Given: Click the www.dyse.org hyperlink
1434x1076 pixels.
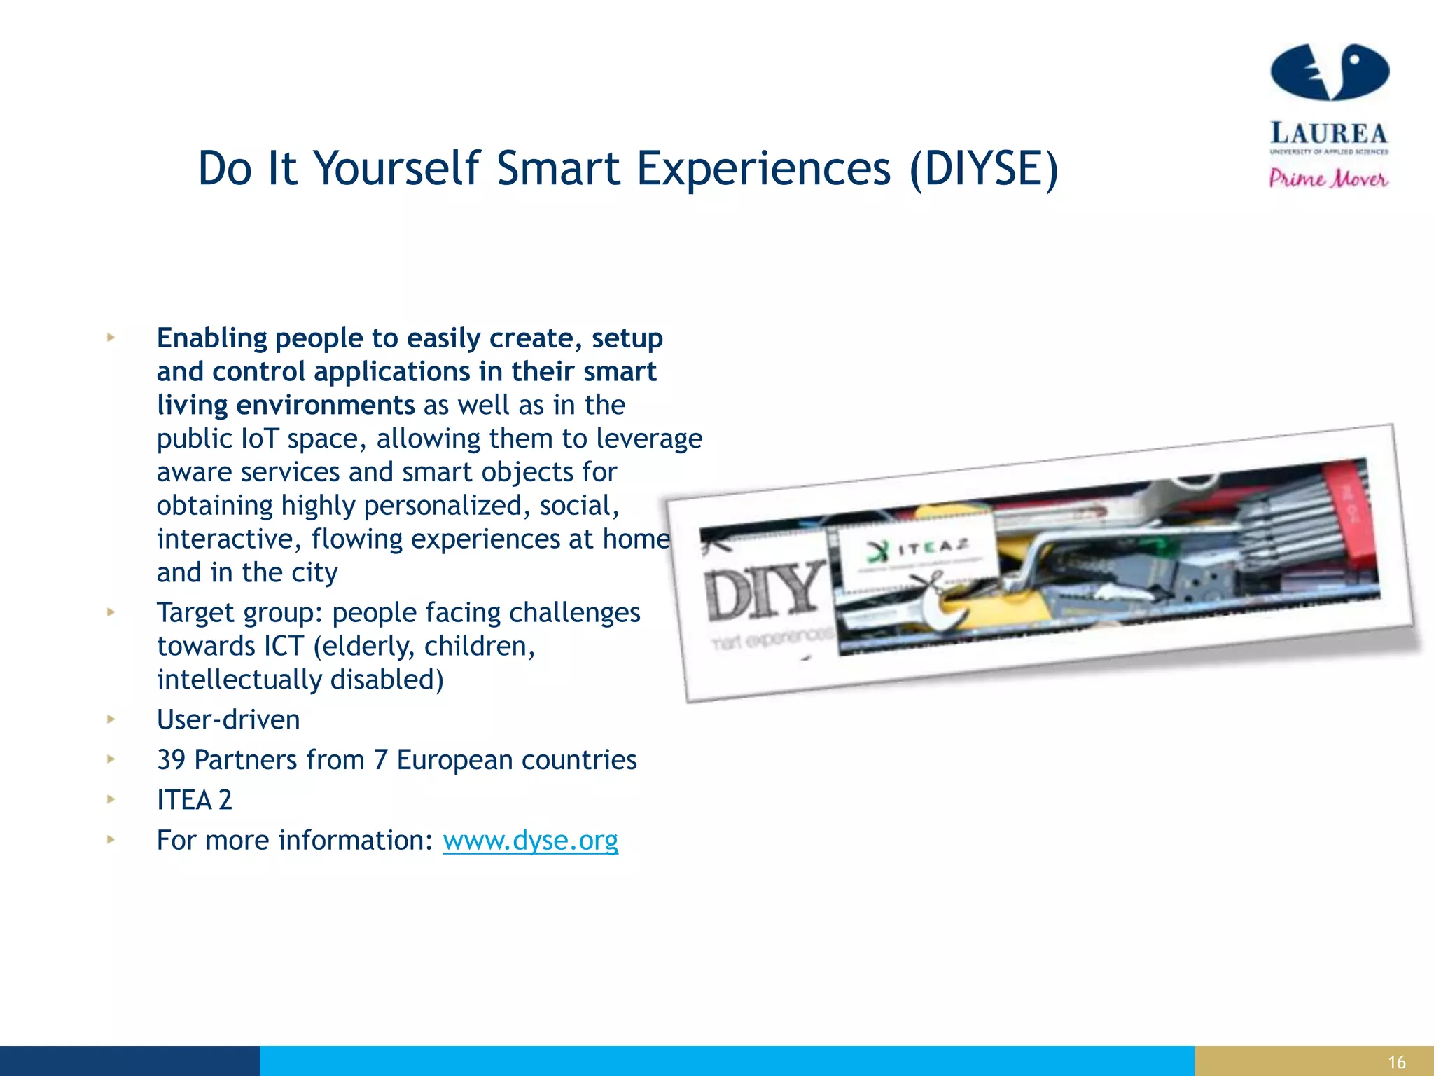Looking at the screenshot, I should (530, 840).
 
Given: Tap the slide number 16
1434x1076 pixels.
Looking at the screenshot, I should (1396, 1062).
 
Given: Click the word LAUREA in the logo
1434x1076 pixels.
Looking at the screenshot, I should (1328, 132).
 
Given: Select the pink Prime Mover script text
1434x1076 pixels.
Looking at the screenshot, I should (1328, 179).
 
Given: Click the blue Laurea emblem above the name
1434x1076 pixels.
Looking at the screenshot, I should (1329, 72).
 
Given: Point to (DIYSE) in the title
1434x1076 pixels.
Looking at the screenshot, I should (984, 169).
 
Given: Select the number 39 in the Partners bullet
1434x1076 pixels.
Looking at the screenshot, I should (171, 760).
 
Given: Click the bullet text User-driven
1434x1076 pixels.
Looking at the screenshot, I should (228, 720).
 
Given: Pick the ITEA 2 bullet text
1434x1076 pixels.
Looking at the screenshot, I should (194, 800).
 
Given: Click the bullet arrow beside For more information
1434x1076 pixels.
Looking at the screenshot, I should (111, 839).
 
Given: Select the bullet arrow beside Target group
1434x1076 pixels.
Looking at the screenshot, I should (111, 612).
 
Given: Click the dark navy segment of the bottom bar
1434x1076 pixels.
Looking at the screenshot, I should (130, 1061).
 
